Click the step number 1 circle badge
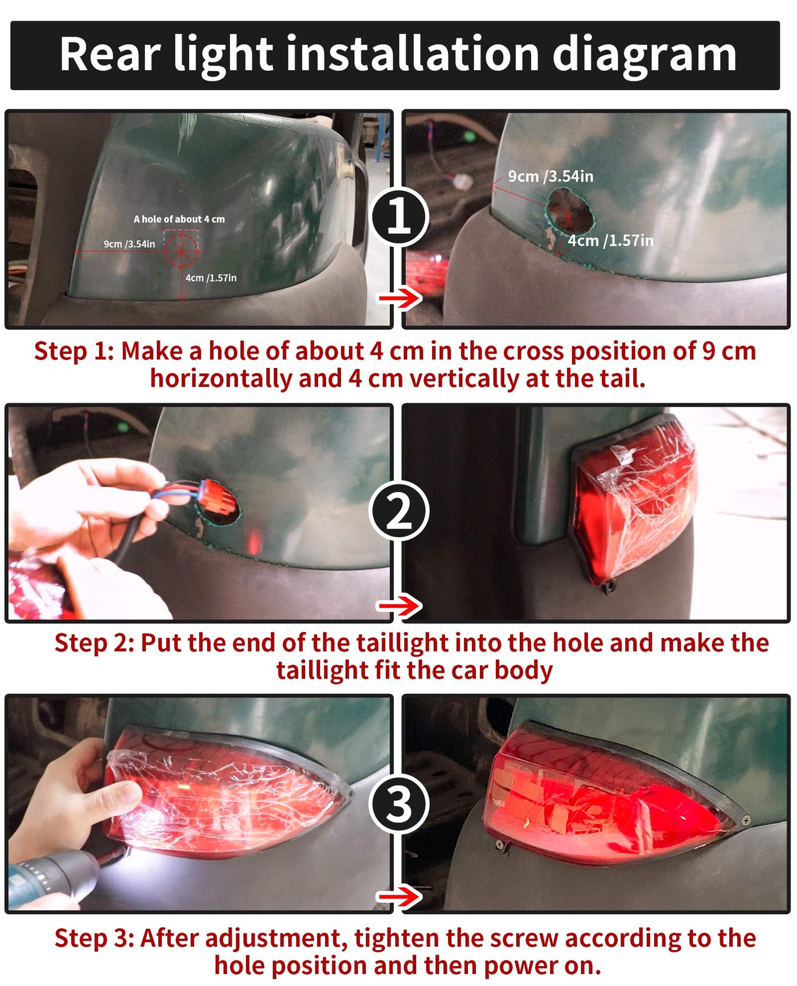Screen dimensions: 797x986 (398, 216)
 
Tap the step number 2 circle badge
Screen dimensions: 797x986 (398, 511)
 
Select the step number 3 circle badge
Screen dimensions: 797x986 (398, 804)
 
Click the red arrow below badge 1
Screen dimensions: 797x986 (400, 297)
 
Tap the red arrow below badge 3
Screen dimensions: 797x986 (400, 897)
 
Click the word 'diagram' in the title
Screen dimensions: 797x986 (644, 55)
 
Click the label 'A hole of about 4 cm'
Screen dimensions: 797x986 (179, 219)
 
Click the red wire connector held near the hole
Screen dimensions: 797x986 (219, 497)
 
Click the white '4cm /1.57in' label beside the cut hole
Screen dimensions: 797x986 (611, 241)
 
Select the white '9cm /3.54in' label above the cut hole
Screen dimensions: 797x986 (550, 177)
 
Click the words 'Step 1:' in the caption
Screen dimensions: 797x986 (74, 351)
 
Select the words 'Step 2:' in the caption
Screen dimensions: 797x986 (95, 643)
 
